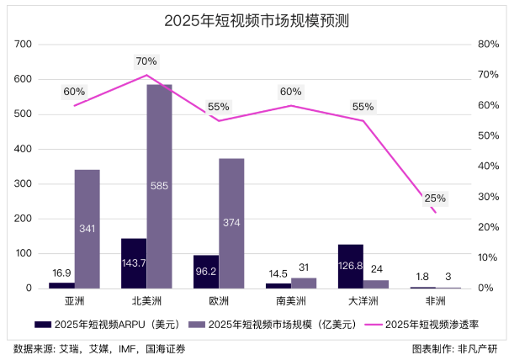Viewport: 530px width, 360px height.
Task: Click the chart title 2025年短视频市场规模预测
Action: coord(264,21)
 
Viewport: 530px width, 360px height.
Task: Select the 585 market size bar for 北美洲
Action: coord(159,185)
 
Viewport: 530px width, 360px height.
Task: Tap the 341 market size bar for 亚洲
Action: coord(87,228)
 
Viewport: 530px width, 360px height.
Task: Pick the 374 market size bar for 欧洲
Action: coord(231,223)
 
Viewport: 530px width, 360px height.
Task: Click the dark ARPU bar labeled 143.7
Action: coord(134,263)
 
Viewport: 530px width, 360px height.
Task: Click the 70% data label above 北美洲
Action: coord(146,61)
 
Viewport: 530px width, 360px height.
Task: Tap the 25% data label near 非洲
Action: coord(435,199)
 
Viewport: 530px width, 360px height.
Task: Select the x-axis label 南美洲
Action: coord(291,300)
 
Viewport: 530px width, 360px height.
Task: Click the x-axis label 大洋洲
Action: coord(363,300)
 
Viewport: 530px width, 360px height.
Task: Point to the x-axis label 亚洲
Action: coord(74,300)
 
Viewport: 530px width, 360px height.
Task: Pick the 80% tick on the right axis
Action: coord(489,44)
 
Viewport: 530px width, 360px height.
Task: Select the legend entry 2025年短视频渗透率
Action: coord(437,324)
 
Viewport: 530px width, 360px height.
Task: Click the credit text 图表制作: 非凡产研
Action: coord(466,347)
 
